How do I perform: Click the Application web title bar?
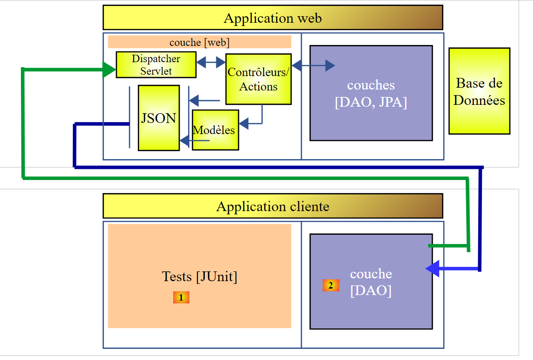pos(273,18)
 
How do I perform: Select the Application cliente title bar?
pos(273,206)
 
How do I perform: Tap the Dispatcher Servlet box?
pos(156,65)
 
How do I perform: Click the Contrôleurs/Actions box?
pos(258,79)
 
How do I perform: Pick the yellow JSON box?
pos(158,118)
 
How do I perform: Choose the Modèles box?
pos(215,130)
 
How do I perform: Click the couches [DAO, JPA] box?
pos(371,93)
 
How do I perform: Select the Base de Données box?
pos(479,91)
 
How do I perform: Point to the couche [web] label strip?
pos(199,42)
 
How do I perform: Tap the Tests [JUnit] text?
pos(199,276)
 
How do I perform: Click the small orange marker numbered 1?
pos(181,297)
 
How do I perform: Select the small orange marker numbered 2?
pos(331,285)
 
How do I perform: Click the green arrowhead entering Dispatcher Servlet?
pos(110,70)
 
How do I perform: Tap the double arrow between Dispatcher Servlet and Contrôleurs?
pos(211,62)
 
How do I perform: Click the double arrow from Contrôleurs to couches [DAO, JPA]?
pos(313,65)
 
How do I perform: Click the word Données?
pos(479,100)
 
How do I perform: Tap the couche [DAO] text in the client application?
pos(370,282)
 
